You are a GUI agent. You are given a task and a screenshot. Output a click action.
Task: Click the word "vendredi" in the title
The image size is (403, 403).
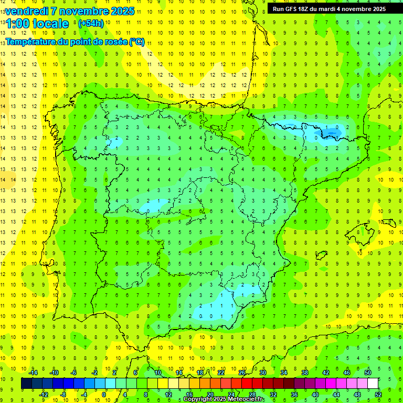pos(26,11)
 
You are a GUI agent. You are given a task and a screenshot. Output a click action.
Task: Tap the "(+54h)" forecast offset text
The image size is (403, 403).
pos(90,24)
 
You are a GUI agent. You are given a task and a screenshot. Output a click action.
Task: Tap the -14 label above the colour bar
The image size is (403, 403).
pos(33,373)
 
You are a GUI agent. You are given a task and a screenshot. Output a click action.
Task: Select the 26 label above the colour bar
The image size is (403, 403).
pos(242,373)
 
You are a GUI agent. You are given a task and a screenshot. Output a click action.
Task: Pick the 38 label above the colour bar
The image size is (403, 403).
pos(305,373)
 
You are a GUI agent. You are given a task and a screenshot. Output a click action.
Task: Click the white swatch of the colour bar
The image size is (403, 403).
pos(373,384)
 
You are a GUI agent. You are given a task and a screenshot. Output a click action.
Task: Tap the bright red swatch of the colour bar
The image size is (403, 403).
pos(247,384)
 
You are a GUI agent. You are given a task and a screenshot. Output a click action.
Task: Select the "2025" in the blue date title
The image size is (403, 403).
pos(122,11)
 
